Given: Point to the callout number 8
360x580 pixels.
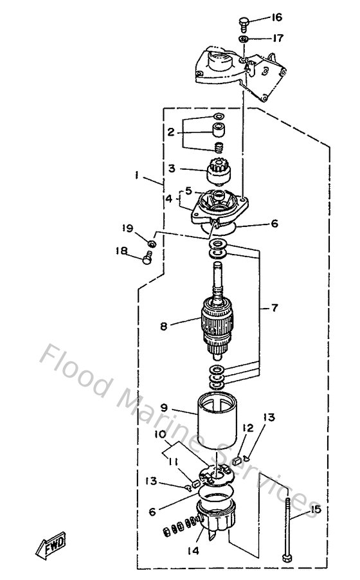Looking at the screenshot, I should pyautogui.click(x=164, y=327).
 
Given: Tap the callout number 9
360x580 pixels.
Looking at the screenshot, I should pyautogui.click(x=164, y=408).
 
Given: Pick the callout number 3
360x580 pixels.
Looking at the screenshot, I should pyautogui.click(x=172, y=168).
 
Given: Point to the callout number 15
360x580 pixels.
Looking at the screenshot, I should pyautogui.click(x=314, y=511).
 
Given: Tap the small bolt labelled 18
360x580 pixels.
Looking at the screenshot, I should pyautogui.click(x=147, y=259).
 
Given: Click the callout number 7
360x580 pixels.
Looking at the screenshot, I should pyautogui.click(x=275, y=308).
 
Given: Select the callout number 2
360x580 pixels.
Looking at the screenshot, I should pyautogui.click(x=171, y=132).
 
